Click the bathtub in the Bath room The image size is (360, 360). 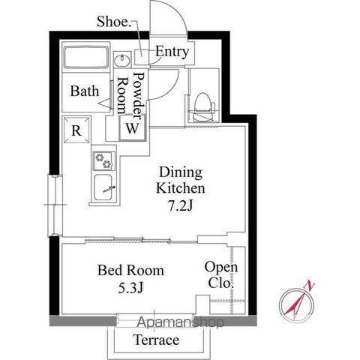[x=86, y=57]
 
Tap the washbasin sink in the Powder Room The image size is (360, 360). [x=122, y=60]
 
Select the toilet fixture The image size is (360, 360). [x=203, y=107]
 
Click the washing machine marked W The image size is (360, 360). [x=132, y=127]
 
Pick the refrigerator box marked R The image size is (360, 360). [x=76, y=130]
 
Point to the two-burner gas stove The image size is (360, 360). [x=104, y=160]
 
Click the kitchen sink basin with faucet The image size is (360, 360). [x=104, y=187]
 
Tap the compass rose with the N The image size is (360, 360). [x=297, y=303]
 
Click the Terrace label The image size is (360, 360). [x=157, y=340]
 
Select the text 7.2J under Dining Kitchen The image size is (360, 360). [x=181, y=206]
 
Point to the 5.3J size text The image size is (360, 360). [x=130, y=288]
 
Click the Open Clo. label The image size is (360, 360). [x=221, y=274]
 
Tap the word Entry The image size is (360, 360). [x=172, y=52]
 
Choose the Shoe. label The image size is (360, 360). [x=114, y=22]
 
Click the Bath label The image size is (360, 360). [x=85, y=91]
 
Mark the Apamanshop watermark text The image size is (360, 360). [x=181, y=322]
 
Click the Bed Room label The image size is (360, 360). [x=130, y=270]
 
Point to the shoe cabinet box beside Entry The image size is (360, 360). [x=142, y=57]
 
